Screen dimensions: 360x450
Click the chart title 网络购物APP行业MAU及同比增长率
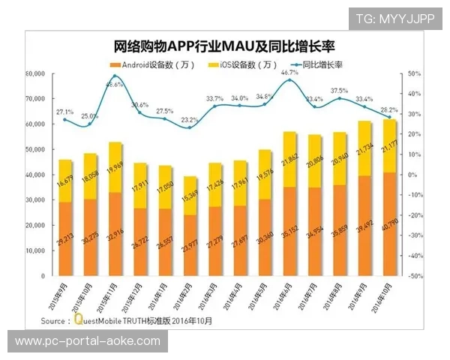(225, 47)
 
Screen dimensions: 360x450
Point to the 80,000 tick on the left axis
(35, 75)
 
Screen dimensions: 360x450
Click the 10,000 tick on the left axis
(35, 251)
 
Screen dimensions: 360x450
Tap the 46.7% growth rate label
(289, 73)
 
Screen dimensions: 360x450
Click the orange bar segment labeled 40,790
(388, 224)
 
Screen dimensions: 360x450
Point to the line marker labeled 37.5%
(339, 98)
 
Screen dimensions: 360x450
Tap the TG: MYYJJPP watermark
(394, 17)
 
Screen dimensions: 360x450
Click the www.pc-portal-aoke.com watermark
(87, 341)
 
